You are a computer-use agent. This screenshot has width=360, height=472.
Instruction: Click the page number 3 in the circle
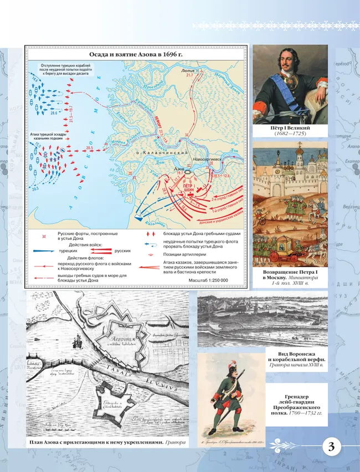[x=331, y=448]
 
